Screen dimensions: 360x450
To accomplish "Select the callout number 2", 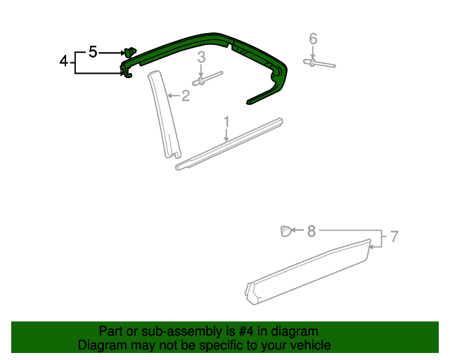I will tap(186, 96).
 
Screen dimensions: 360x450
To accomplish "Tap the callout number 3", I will tap(201, 58).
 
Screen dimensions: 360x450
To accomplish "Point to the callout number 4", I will tap(64, 62).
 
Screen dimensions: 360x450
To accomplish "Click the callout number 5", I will tap(93, 51).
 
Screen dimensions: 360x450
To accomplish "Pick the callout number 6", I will tap(313, 38).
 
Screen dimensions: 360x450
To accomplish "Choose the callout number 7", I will tap(394, 237).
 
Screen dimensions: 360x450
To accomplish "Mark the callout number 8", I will tap(311, 230).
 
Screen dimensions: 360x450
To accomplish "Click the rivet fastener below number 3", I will tap(205, 78).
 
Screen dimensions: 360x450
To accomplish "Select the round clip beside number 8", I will tap(285, 230).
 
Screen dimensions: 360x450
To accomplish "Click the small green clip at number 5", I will tap(129, 51).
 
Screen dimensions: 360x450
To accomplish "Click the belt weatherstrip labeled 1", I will tap(232, 144).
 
